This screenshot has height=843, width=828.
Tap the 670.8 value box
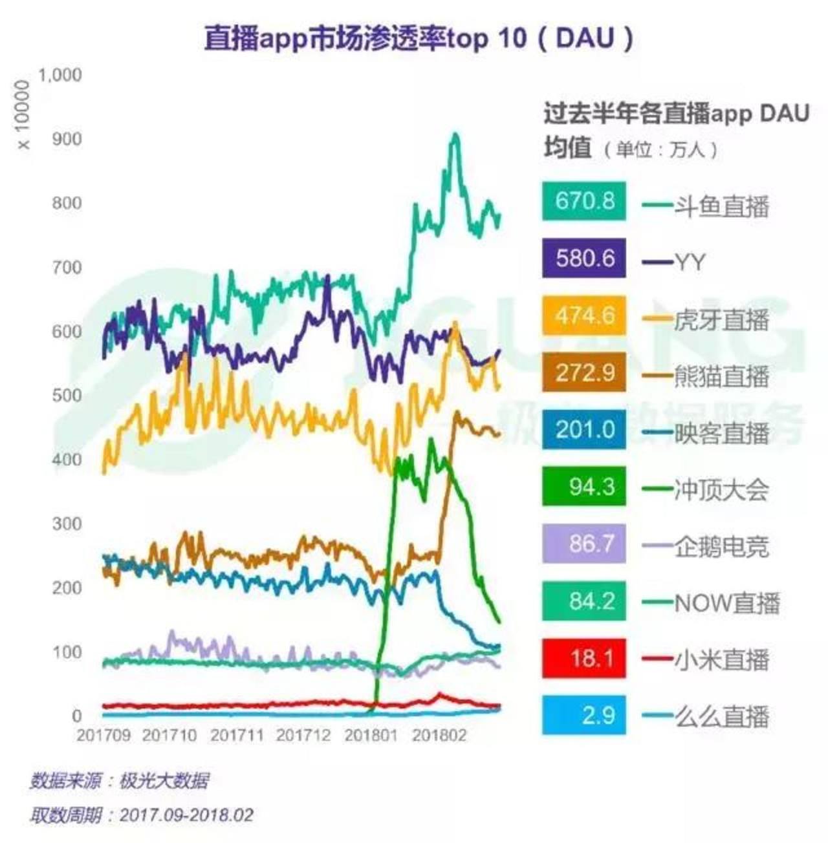coord(584,201)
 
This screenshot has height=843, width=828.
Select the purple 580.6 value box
coord(584,259)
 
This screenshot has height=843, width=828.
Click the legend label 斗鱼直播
coord(721,206)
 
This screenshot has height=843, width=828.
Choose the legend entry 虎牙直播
coord(721,320)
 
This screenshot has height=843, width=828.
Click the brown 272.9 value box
coord(584,373)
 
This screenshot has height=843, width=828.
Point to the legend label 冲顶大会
coord(721,490)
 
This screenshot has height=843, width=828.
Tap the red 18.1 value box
coord(584,659)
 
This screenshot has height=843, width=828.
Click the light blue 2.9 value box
coord(584,716)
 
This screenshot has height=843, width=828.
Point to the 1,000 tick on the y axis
coord(60,75)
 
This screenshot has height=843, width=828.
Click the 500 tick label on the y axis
coord(67,395)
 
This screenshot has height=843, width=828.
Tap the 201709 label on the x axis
coord(103,736)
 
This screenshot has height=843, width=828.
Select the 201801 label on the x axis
coord(371,736)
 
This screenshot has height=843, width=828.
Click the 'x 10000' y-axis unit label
coord(23,114)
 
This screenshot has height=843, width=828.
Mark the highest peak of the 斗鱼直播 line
coord(455,135)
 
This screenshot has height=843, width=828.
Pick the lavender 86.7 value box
coord(584,544)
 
